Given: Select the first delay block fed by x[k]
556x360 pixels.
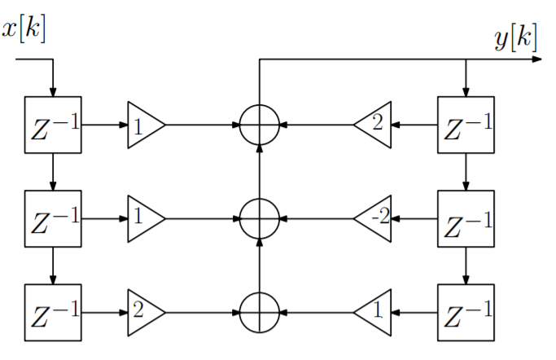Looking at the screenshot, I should pyautogui.click(x=53, y=125).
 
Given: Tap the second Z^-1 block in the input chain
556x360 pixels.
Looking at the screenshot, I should pyautogui.click(x=53, y=218).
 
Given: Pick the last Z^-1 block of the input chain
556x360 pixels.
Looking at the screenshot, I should pyautogui.click(x=53, y=312).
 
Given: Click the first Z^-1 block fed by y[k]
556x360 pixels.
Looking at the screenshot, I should pyautogui.click(x=466, y=125).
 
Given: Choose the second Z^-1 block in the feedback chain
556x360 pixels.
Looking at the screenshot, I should pyautogui.click(x=466, y=218).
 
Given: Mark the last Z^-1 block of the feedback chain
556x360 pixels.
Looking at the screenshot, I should pyautogui.click(x=466, y=312).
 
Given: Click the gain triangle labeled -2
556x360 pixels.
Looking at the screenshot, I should pyautogui.click(x=375, y=218).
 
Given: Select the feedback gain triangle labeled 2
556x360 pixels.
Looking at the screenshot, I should pyautogui.click(x=375, y=125).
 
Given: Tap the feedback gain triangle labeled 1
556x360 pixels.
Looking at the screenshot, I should pyautogui.click(x=375, y=312).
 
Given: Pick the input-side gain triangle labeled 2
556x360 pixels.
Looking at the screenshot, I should pyautogui.click(x=143, y=312).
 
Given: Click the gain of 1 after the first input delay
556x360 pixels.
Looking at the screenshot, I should pyautogui.click(x=143, y=125).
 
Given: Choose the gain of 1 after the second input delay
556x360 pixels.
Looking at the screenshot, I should pyautogui.click(x=143, y=218).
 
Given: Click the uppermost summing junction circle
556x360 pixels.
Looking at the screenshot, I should pyautogui.click(x=260, y=125).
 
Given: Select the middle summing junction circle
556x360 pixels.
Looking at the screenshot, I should pyautogui.click(x=260, y=218).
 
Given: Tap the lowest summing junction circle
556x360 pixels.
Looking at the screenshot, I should pyautogui.click(x=260, y=312).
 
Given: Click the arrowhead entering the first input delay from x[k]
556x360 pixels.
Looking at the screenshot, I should pyautogui.click(x=53, y=91).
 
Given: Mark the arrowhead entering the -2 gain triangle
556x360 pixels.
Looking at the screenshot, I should pyautogui.click(x=397, y=218).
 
